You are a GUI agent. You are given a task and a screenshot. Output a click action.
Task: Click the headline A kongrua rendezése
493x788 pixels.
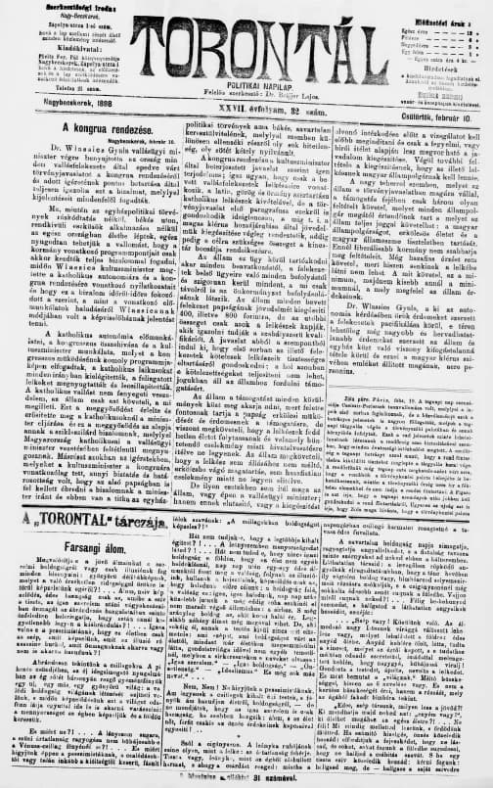pyautogui.click(x=104, y=128)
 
